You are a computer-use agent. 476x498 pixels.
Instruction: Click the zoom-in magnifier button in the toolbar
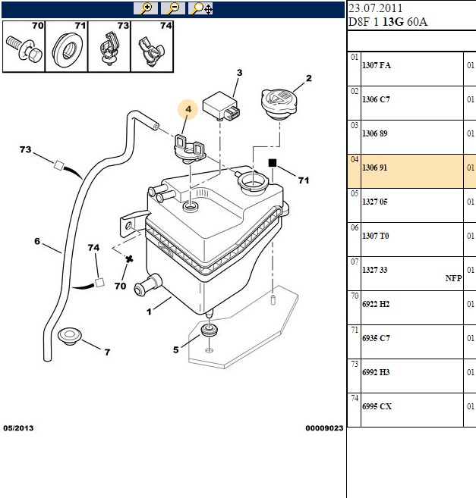click(146, 8)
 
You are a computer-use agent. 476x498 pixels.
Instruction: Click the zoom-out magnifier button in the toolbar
click(173, 8)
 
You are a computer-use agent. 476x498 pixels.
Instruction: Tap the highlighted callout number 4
click(188, 109)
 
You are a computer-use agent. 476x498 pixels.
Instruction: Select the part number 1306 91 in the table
click(374, 168)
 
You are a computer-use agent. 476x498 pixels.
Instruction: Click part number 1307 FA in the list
click(377, 65)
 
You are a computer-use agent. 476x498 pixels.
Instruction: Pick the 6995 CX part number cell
click(377, 406)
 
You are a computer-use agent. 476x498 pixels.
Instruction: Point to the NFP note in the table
click(453, 278)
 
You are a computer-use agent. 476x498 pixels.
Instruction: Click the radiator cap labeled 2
click(279, 104)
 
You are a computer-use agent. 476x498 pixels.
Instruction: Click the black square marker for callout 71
click(273, 163)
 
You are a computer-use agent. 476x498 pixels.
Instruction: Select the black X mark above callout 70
click(129, 259)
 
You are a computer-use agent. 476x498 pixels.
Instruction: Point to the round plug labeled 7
click(70, 335)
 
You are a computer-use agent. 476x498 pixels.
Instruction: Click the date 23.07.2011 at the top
click(376, 8)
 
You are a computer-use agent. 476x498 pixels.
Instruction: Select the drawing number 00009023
click(324, 428)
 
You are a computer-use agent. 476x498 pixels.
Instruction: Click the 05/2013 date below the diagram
click(18, 428)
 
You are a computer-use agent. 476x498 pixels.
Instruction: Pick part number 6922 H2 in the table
click(376, 304)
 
